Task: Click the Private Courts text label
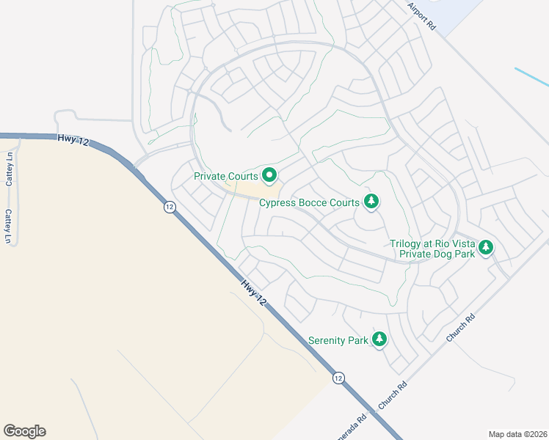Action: pyautogui.click(x=225, y=176)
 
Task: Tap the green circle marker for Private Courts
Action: pyautogui.click(x=269, y=175)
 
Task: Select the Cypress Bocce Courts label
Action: pyautogui.click(x=309, y=202)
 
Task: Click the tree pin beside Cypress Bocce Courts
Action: pyautogui.click(x=371, y=201)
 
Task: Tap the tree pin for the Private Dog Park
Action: pyautogui.click(x=486, y=248)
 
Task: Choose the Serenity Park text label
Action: pyautogui.click(x=338, y=340)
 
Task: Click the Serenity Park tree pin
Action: pyautogui.click(x=379, y=339)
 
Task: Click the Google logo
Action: pyautogui.click(x=25, y=431)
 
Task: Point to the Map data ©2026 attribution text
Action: pyautogui.click(x=517, y=434)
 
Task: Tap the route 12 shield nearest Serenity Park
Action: pyautogui.click(x=338, y=378)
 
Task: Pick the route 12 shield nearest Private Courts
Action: pyautogui.click(x=170, y=207)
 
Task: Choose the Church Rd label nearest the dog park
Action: pyautogui.click(x=462, y=328)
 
